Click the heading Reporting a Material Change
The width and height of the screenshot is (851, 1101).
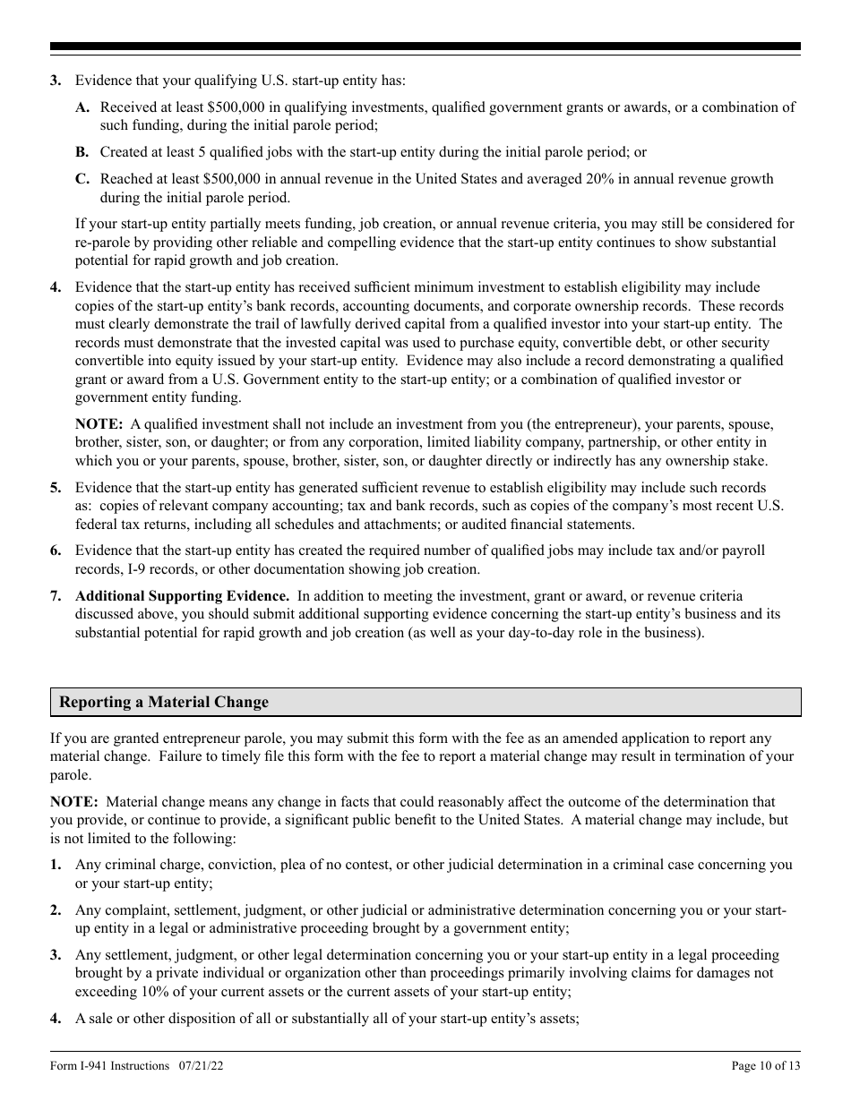click(x=164, y=703)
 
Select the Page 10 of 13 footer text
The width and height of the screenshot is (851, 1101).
click(x=766, y=1065)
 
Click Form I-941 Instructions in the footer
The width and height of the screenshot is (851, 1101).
click(x=110, y=1065)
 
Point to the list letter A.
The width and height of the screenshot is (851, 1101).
click(x=82, y=107)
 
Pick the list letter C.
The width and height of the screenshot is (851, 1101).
click(x=82, y=179)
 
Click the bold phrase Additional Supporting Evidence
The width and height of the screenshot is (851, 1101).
click(x=182, y=596)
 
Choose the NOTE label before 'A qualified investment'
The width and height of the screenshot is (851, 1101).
click(x=98, y=423)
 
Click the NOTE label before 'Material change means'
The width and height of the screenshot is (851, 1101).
click(x=73, y=802)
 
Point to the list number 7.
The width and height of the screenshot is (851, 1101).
click(x=56, y=596)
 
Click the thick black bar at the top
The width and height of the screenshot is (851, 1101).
click(x=425, y=47)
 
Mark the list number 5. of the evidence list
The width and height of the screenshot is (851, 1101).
click(x=56, y=488)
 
